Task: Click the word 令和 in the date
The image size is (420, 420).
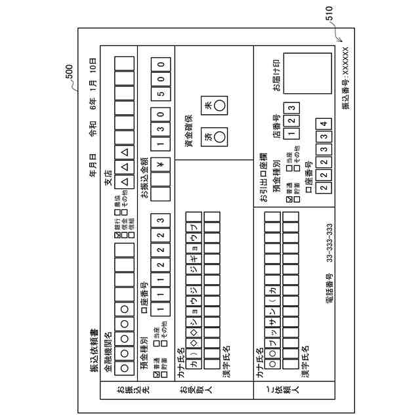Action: tap(93, 128)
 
